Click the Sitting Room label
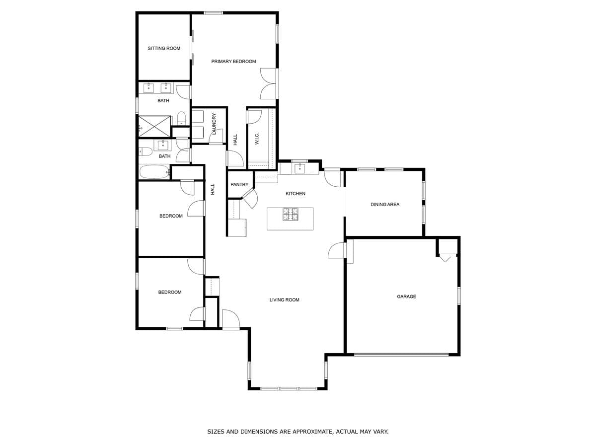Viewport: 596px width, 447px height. pyautogui.click(x=164, y=48)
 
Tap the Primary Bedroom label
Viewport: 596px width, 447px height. pyautogui.click(x=233, y=62)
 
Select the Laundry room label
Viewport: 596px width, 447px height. pyautogui.click(x=214, y=124)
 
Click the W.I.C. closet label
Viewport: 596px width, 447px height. pyautogui.click(x=257, y=139)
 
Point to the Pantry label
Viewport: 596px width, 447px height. pyautogui.click(x=239, y=185)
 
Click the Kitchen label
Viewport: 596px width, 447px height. pyautogui.click(x=296, y=194)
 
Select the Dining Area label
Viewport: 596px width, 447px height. pyautogui.click(x=385, y=205)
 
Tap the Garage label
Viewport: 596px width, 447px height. pyautogui.click(x=406, y=297)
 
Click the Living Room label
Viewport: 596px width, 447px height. pyautogui.click(x=285, y=300)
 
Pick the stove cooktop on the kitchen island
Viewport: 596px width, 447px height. pyautogui.click(x=291, y=214)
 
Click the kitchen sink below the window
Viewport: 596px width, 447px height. pyautogui.click(x=299, y=168)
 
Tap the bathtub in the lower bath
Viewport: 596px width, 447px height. pyautogui.click(x=154, y=172)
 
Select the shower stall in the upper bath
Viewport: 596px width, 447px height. pyautogui.click(x=154, y=126)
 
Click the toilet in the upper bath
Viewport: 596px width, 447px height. pyautogui.click(x=181, y=118)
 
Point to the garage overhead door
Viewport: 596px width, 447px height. pyautogui.click(x=401, y=355)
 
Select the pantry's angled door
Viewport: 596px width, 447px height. pyautogui.click(x=250, y=198)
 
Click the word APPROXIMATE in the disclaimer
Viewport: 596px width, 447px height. pyautogui.click(x=308, y=432)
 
